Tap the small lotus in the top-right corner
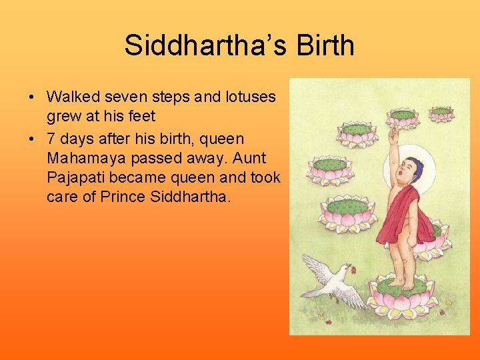[441, 113]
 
